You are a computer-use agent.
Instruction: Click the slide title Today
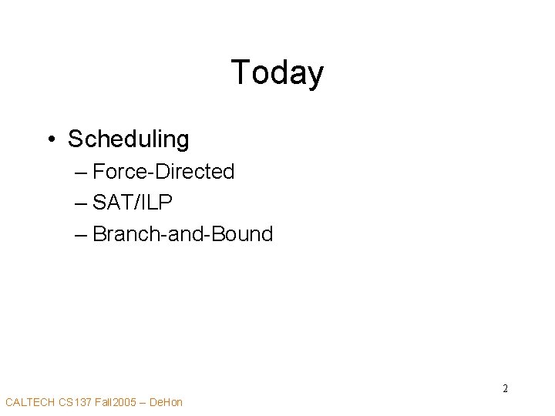click(277, 73)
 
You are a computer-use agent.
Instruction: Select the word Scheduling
click(128, 139)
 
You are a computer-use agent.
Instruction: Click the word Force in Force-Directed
click(118, 171)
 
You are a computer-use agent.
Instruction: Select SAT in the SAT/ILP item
click(109, 202)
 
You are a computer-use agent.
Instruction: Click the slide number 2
click(505, 388)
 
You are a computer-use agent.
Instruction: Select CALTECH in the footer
click(29, 402)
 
